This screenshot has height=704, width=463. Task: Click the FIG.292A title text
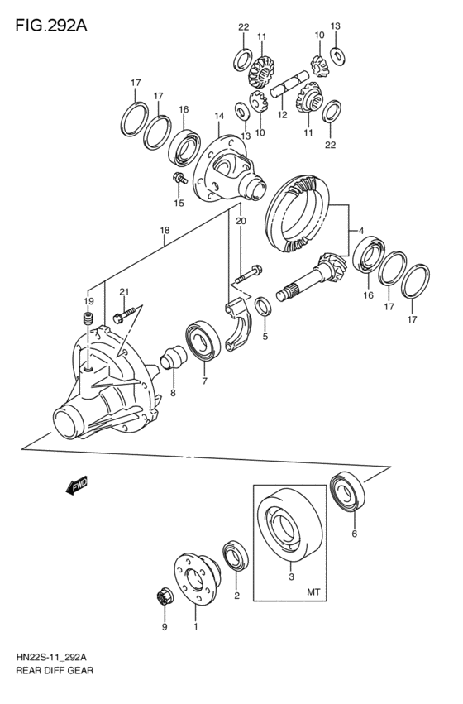[x=51, y=26]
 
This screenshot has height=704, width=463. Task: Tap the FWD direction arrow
[x=77, y=485]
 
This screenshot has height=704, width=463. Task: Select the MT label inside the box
[x=313, y=592]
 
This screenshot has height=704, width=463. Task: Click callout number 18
[x=165, y=230]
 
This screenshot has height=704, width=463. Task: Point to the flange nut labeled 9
[x=163, y=598]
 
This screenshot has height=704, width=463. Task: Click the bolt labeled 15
[x=179, y=178]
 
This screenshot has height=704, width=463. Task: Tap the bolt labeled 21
[x=125, y=314]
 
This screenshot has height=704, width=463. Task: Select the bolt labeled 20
[x=249, y=275]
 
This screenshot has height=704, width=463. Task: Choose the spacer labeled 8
[x=174, y=357]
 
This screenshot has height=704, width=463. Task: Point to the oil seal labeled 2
[x=236, y=556]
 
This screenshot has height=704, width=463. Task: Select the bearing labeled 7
[x=203, y=340]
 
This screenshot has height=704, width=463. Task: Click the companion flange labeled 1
[x=197, y=580]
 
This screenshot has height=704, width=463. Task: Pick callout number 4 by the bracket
[x=361, y=231]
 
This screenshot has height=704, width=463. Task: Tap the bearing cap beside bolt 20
[x=238, y=324]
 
